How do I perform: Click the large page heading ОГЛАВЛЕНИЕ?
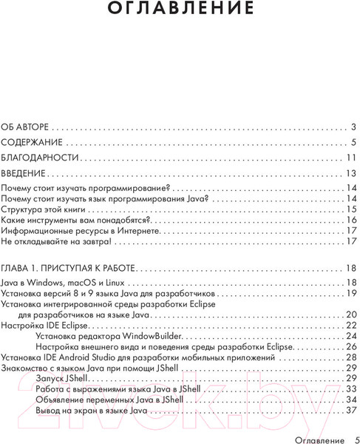(180, 10)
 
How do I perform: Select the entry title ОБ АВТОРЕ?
(28, 127)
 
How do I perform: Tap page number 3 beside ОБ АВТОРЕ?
(354, 127)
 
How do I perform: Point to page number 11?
(351, 158)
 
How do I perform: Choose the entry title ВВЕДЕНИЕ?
(24, 173)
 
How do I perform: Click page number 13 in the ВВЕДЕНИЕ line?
(351, 173)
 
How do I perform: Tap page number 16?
(351, 221)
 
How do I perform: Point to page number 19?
(351, 293)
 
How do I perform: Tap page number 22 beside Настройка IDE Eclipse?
(351, 325)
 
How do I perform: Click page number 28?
(351, 356)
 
